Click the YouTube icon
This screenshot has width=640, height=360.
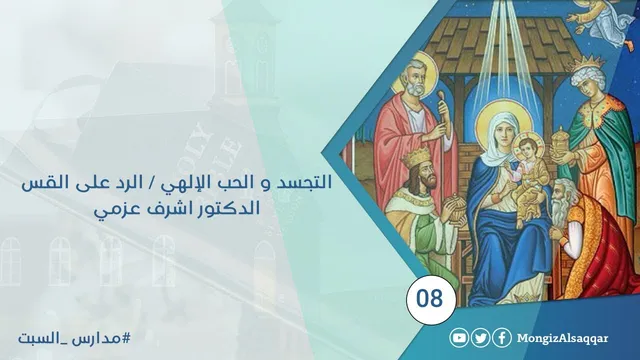tap(459, 338)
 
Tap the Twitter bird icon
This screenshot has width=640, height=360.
tap(480, 338)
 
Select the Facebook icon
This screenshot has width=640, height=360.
tap(502, 338)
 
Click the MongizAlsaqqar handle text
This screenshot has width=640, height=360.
tap(562, 339)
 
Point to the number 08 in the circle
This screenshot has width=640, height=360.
tap(430, 298)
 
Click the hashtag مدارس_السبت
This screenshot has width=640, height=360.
tap(74, 339)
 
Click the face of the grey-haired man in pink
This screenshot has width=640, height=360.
tap(415, 80)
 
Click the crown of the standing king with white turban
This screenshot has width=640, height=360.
tap(592, 62)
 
